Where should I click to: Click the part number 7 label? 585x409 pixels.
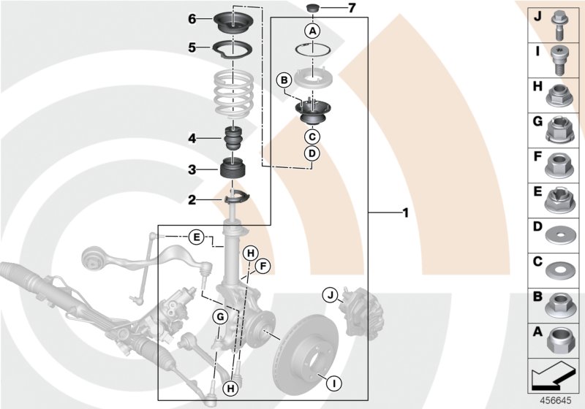click(x=351, y=9)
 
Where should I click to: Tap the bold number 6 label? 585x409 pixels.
click(x=192, y=18)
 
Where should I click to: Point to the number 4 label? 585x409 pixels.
click(x=192, y=138)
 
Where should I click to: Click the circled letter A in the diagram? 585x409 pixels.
click(x=312, y=31)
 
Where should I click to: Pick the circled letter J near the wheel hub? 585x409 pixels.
click(x=330, y=295)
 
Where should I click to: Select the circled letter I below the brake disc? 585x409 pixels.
click(x=333, y=381)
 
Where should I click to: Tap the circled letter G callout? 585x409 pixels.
click(x=219, y=316)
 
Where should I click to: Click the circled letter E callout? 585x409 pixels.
click(x=195, y=237)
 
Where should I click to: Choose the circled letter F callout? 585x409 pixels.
click(x=263, y=266)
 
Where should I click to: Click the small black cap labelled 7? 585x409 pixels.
click(x=312, y=9)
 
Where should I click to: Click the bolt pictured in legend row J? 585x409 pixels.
click(x=559, y=21)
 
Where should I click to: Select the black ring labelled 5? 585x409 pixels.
click(x=233, y=49)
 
